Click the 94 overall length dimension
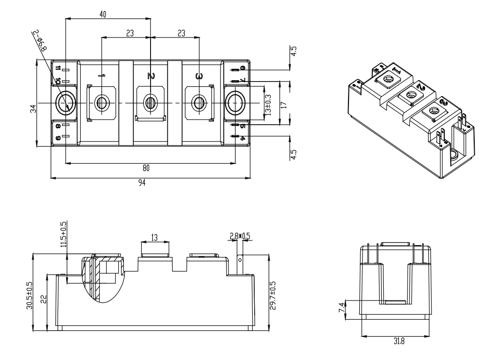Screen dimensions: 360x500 point(142,184)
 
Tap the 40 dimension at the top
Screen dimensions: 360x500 point(103,15)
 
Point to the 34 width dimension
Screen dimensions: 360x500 point(33,109)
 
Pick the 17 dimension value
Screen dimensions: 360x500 point(283,104)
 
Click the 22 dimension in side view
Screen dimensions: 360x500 point(44,300)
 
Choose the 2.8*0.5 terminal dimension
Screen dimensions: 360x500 point(240,236)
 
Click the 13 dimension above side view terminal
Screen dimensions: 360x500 point(154,237)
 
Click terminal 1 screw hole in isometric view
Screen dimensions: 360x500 point(388,80)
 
